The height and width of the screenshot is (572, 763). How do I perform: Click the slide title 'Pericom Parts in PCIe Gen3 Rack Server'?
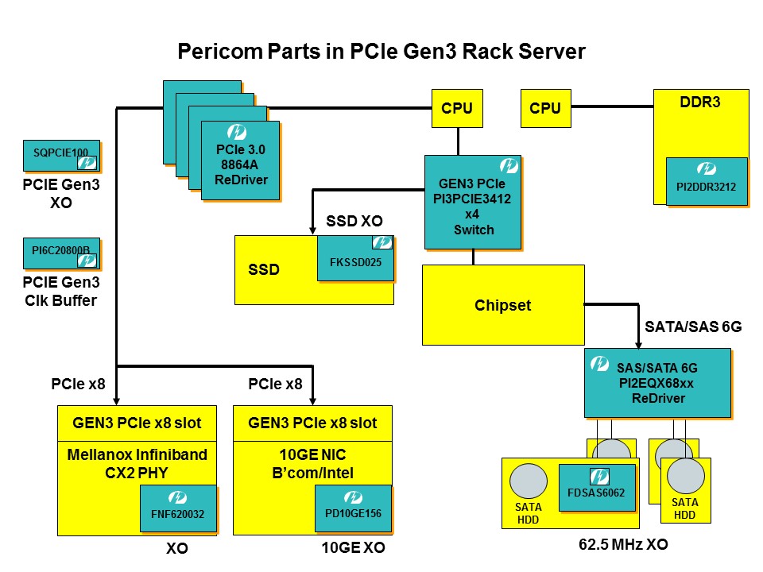coord(381,52)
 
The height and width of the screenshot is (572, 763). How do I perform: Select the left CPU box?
coord(457,108)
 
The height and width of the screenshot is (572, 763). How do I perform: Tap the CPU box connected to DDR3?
coord(544,108)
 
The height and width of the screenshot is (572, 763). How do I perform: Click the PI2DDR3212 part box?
coord(706,181)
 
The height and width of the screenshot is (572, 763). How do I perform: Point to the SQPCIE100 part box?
coord(61,156)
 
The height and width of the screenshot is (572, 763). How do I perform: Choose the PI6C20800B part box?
coord(61,253)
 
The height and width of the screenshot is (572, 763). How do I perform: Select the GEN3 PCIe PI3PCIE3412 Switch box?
coord(473,202)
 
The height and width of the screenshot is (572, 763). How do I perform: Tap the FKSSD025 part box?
coord(355,257)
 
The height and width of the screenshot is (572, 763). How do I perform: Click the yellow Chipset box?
coord(502,305)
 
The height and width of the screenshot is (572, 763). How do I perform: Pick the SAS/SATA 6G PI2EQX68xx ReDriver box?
coord(656,382)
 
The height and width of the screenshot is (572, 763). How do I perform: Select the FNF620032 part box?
coord(178,508)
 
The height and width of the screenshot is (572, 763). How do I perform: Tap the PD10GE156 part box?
coord(353,508)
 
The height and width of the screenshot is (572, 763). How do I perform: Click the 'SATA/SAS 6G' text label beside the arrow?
coord(692,327)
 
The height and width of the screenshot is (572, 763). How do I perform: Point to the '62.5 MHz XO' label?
coord(622,545)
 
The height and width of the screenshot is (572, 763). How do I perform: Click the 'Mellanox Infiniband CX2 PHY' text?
coord(137,462)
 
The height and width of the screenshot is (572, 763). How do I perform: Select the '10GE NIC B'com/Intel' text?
coord(312,462)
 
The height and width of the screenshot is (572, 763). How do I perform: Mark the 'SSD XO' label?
coord(354,219)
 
